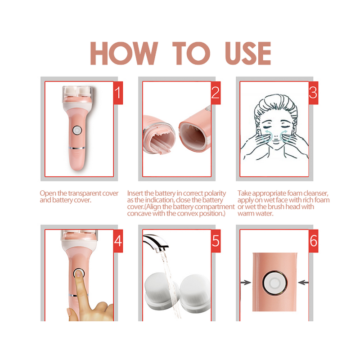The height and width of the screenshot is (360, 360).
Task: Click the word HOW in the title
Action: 123,54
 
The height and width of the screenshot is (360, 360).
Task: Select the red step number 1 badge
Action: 118,93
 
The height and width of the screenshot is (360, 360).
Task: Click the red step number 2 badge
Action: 216,93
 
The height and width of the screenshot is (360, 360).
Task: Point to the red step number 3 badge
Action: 313,93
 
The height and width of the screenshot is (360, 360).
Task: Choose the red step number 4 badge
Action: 118,241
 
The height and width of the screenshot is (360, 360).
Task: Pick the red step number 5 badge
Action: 216,241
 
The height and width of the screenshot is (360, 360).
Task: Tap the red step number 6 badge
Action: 313,241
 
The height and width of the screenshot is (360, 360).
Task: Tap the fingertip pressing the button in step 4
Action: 80,274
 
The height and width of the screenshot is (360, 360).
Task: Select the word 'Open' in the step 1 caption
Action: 48,193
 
